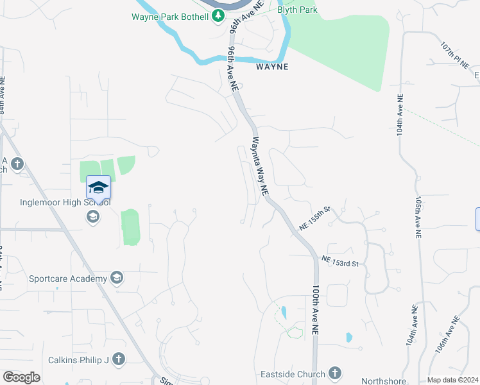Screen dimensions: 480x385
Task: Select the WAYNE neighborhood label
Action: (272, 67)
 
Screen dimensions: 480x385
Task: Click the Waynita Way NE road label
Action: (259, 166)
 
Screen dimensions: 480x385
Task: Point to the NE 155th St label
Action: (314, 219)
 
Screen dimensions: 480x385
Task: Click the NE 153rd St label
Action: (344, 262)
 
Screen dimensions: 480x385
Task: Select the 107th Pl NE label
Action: (456, 57)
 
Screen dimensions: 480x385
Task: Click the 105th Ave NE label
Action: (418, 218)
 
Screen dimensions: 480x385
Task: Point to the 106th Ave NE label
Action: (447, 335)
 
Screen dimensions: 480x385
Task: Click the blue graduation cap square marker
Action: (98, 187)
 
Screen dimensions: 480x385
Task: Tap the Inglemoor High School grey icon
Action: (93, 217)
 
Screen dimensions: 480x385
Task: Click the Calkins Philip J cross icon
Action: (118, 359)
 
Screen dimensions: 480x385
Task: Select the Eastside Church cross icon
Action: (334, 373)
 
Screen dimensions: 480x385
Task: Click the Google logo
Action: (22, 377)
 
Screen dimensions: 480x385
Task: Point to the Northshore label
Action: (384, 381)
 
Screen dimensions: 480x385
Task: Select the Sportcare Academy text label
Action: (67, 278)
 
